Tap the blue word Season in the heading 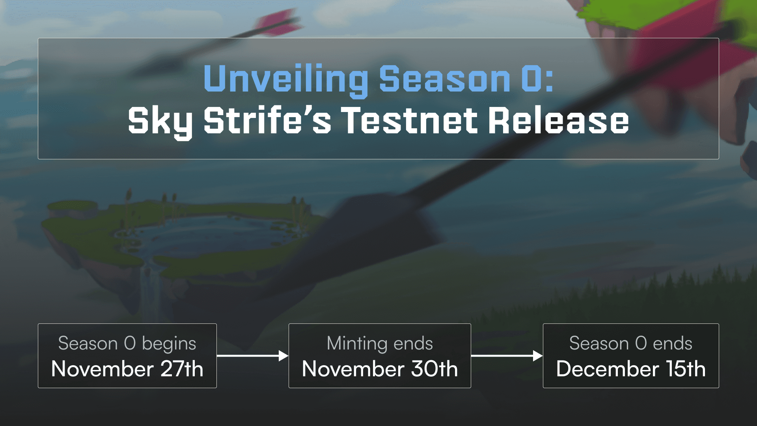(x=444, y=79)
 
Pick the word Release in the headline (x=559, y=120)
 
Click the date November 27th (x=127, y=369)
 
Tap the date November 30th (x=380, y=369)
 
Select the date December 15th (x=631, y=369)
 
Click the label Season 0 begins (x=127, y=344)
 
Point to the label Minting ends (x=380, y=344)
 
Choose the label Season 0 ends (x=631, y=343)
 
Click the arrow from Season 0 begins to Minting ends (x=253, y=356)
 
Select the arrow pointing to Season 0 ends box (x=507, y=356)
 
